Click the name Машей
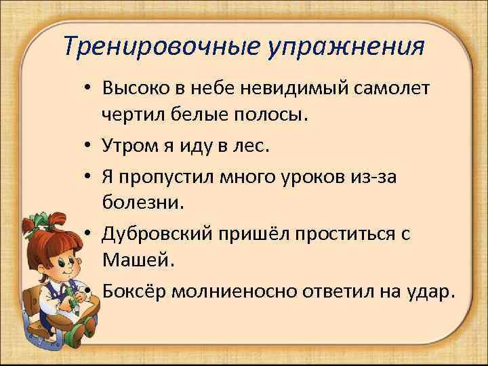136,260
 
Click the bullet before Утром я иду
89,146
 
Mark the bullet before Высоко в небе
89,89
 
